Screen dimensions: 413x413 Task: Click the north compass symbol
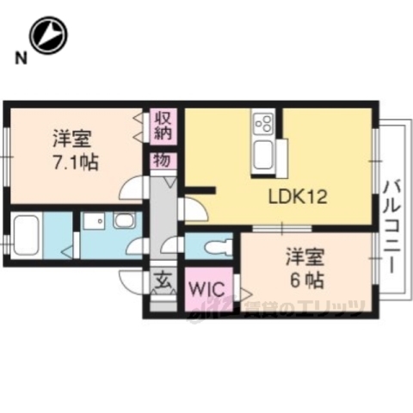coord(47,36)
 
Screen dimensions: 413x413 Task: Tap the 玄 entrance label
coord(163,280)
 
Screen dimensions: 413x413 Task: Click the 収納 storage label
coord(163,125)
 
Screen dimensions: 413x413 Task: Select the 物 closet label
coord(163,160)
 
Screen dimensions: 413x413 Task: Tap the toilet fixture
coord(215,246)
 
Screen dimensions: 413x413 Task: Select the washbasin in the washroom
coord(123,222)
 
